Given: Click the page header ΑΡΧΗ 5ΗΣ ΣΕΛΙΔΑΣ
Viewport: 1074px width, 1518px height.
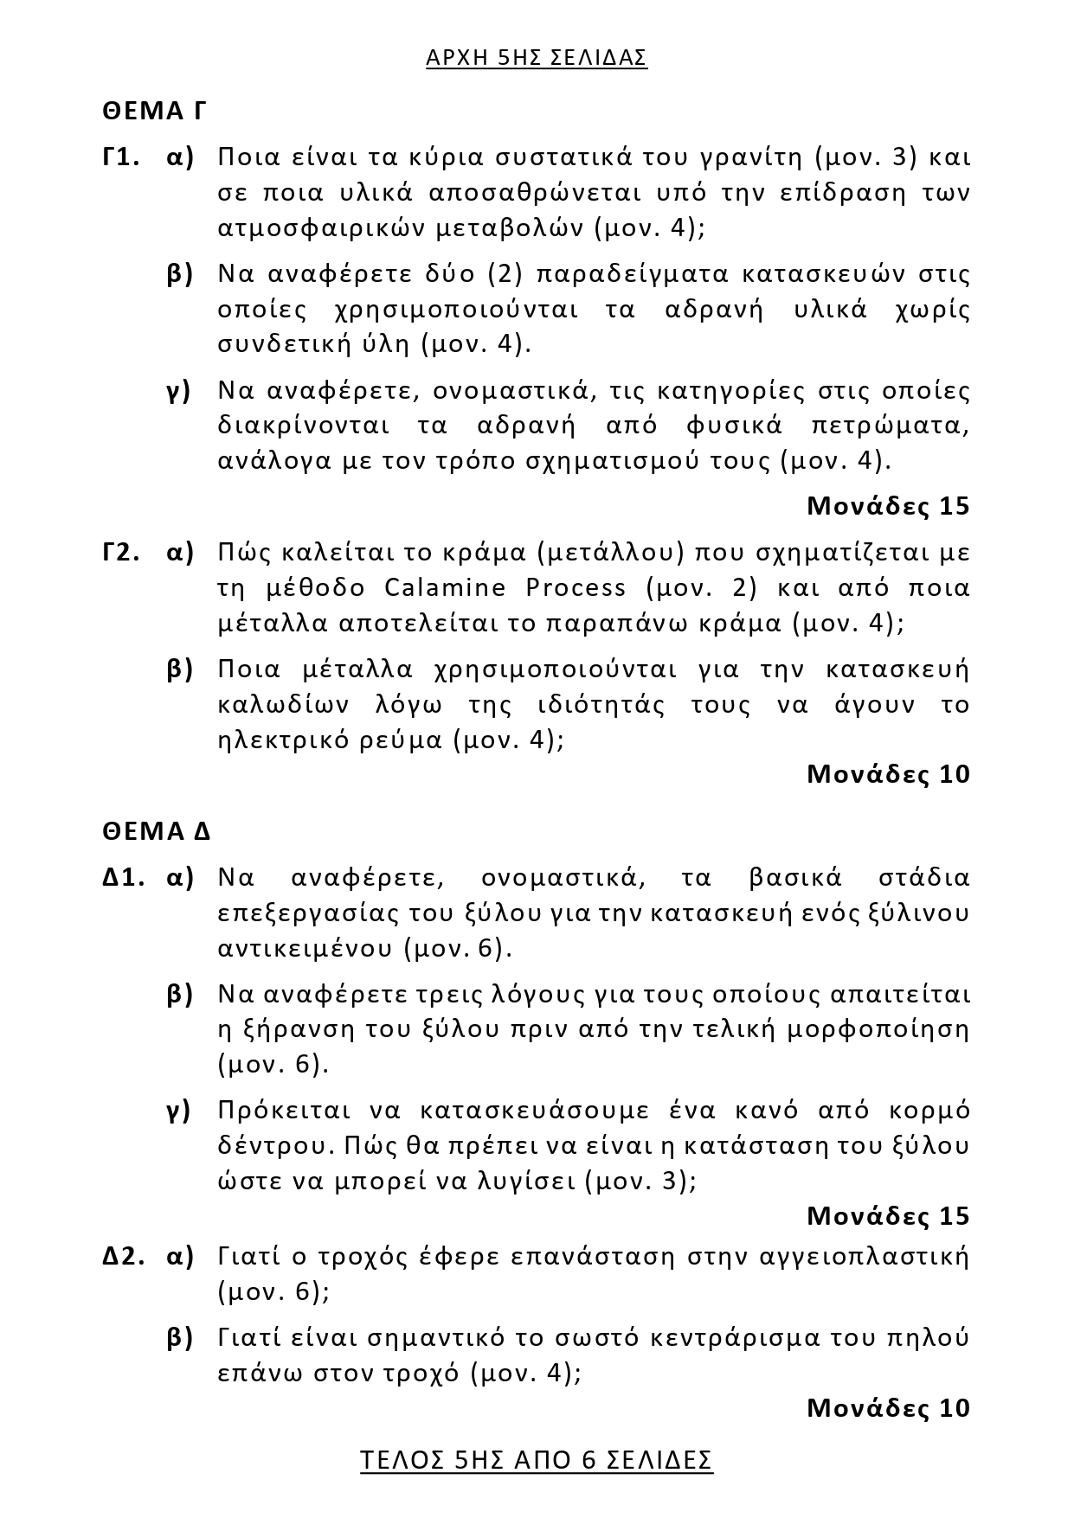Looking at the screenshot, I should pos(537,58).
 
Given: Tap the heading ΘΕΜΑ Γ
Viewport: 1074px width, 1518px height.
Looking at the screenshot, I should pos(154,112).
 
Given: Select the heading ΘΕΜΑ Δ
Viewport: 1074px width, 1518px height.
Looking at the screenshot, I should pos(157,831).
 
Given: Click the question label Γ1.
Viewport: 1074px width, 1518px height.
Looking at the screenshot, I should pos(121,157).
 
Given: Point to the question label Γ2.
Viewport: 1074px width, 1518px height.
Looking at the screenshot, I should pos(121,552).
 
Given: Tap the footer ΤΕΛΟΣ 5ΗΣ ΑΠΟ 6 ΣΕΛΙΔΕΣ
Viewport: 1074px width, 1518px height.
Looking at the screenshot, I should pos(537,1460).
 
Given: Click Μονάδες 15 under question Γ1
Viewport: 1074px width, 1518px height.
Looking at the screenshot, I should pos(888,506).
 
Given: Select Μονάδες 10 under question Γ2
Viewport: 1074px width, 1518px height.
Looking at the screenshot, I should pos(888,774).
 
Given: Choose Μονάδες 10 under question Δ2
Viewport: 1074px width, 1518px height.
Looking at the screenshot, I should pos(888,1408).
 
